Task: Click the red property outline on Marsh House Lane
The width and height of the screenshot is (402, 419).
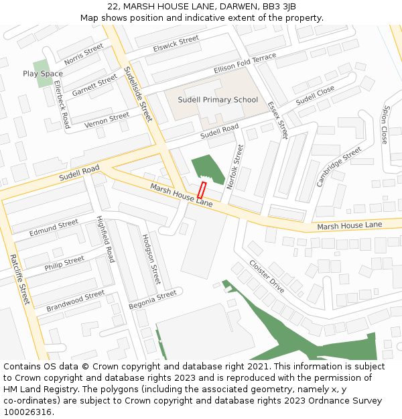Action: (201, 190)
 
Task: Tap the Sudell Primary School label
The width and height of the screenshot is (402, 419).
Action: (218, 100)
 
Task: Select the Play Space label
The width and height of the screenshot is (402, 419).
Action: (43, 74)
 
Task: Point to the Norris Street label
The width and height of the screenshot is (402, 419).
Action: (84, 51)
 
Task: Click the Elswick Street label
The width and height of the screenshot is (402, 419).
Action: (176, 44)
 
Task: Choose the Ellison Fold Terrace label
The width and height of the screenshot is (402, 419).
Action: (245, 64)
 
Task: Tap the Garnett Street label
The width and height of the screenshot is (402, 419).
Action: (94, 86)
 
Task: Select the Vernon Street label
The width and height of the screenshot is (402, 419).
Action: (107, 120)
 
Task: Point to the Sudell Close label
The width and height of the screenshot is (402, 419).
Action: (315, 95)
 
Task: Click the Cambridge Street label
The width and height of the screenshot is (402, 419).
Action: (339, 166)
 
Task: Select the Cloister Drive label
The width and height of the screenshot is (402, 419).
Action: (267, 276)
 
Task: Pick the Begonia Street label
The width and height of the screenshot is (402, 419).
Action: (153, 299)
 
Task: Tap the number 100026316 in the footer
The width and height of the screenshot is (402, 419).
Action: (27, 412)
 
